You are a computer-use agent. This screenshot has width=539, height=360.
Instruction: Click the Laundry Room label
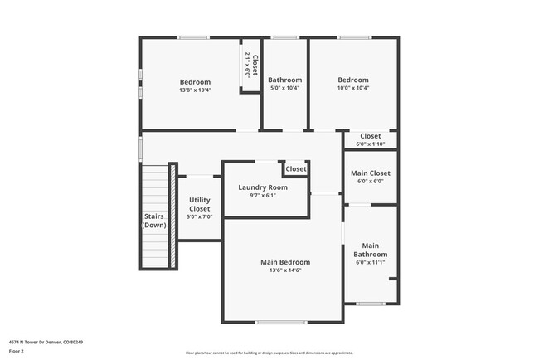click(263, 187)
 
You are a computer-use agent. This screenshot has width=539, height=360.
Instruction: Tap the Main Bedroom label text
click(284, 262)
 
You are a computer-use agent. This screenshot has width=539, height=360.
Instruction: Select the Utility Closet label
click(199, 205)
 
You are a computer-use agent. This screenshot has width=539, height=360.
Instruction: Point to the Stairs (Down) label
click(155, 221)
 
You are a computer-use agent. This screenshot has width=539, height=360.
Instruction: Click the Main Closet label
click(370, 173)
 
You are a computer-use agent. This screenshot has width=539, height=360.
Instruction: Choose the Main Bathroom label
click(370, 250)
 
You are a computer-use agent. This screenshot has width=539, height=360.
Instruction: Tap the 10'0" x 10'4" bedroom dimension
click(353, 88)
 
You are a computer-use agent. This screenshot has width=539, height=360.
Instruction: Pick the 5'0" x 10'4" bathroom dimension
click(284, 88)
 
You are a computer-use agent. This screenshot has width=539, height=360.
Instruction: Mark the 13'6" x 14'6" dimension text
click(284, 270)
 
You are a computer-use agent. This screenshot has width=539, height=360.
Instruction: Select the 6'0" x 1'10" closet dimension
click(370, 144)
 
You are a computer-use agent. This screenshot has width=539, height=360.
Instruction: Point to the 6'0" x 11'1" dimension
click(370, 262)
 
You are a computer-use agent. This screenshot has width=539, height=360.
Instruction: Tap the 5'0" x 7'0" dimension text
click(199, 216)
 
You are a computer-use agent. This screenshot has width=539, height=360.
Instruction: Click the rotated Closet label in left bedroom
click(255, 66)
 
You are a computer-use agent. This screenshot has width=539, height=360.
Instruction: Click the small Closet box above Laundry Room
click(295, 168)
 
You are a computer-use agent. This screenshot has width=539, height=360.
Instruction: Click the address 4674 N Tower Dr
click(46, 342)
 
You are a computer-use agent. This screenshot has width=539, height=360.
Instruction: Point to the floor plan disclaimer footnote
click(269, 353)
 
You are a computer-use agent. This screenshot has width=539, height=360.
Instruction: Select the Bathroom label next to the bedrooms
click(284, 80)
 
